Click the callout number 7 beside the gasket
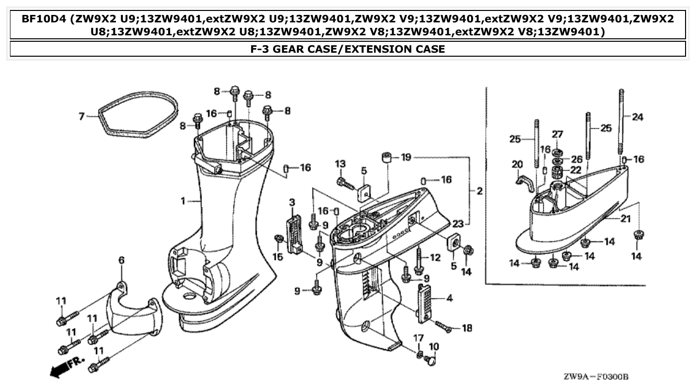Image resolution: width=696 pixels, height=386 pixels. [82, 116]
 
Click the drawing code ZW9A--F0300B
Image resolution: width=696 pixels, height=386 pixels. [596, 377]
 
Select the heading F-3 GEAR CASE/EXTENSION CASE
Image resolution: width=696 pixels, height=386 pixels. [348, 49]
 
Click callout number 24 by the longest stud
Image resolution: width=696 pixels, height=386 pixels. [637, 117]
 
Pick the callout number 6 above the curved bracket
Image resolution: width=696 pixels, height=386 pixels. [121, 260]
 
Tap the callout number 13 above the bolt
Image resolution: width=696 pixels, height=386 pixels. [340, 164]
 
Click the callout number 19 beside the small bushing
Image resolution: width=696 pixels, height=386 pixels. [406, 158]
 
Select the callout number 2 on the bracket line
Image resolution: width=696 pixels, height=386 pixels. [480, 191]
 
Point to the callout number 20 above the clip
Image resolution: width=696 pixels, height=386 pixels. [517, 164]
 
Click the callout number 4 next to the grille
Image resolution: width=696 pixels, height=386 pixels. [449, 299]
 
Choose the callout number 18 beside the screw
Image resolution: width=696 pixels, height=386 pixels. [467, 328]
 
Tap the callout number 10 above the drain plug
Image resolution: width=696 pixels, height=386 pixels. [433, 346]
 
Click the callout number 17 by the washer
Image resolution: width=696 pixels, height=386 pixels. [418, 338]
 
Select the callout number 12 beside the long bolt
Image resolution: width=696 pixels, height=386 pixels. [435, 257]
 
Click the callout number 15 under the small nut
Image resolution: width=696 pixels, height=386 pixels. [277, 257]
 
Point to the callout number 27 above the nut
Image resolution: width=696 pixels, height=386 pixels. [557, 134]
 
